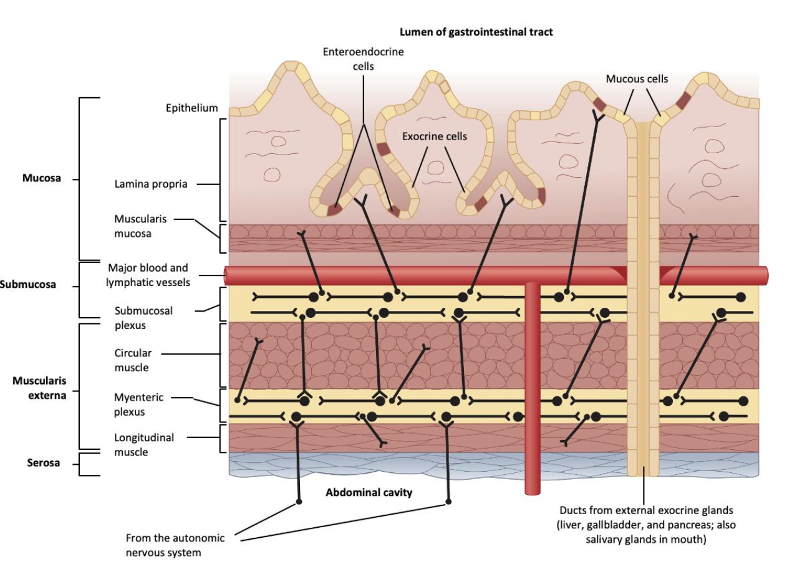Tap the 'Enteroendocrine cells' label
363,59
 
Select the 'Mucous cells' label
637,79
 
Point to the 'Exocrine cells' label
434,136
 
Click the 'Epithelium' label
191,108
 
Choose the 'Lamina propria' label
150,184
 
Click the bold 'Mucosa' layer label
42,178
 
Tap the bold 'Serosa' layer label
43,463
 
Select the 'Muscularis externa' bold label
39,387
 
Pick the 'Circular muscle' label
132,360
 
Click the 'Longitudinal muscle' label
144,444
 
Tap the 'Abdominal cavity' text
369,492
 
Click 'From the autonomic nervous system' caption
175,545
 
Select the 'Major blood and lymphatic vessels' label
148,275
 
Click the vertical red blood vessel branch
531,386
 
